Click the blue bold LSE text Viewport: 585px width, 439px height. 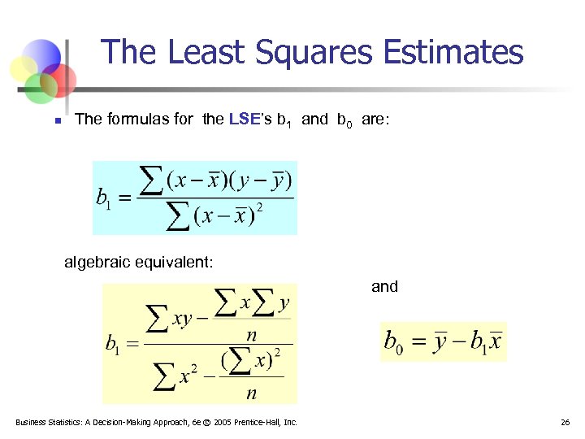(x=245, y=120)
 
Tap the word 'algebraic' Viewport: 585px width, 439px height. (x=97, y=262)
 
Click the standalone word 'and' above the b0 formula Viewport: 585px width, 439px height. (x=384, y=286)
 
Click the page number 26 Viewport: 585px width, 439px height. (x=565, y=422)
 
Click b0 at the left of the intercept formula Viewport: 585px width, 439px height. (x=392, y=342)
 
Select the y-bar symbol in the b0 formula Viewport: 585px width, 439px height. (x=440, y=341)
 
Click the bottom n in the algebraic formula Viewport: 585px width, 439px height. (x=251, y=393)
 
